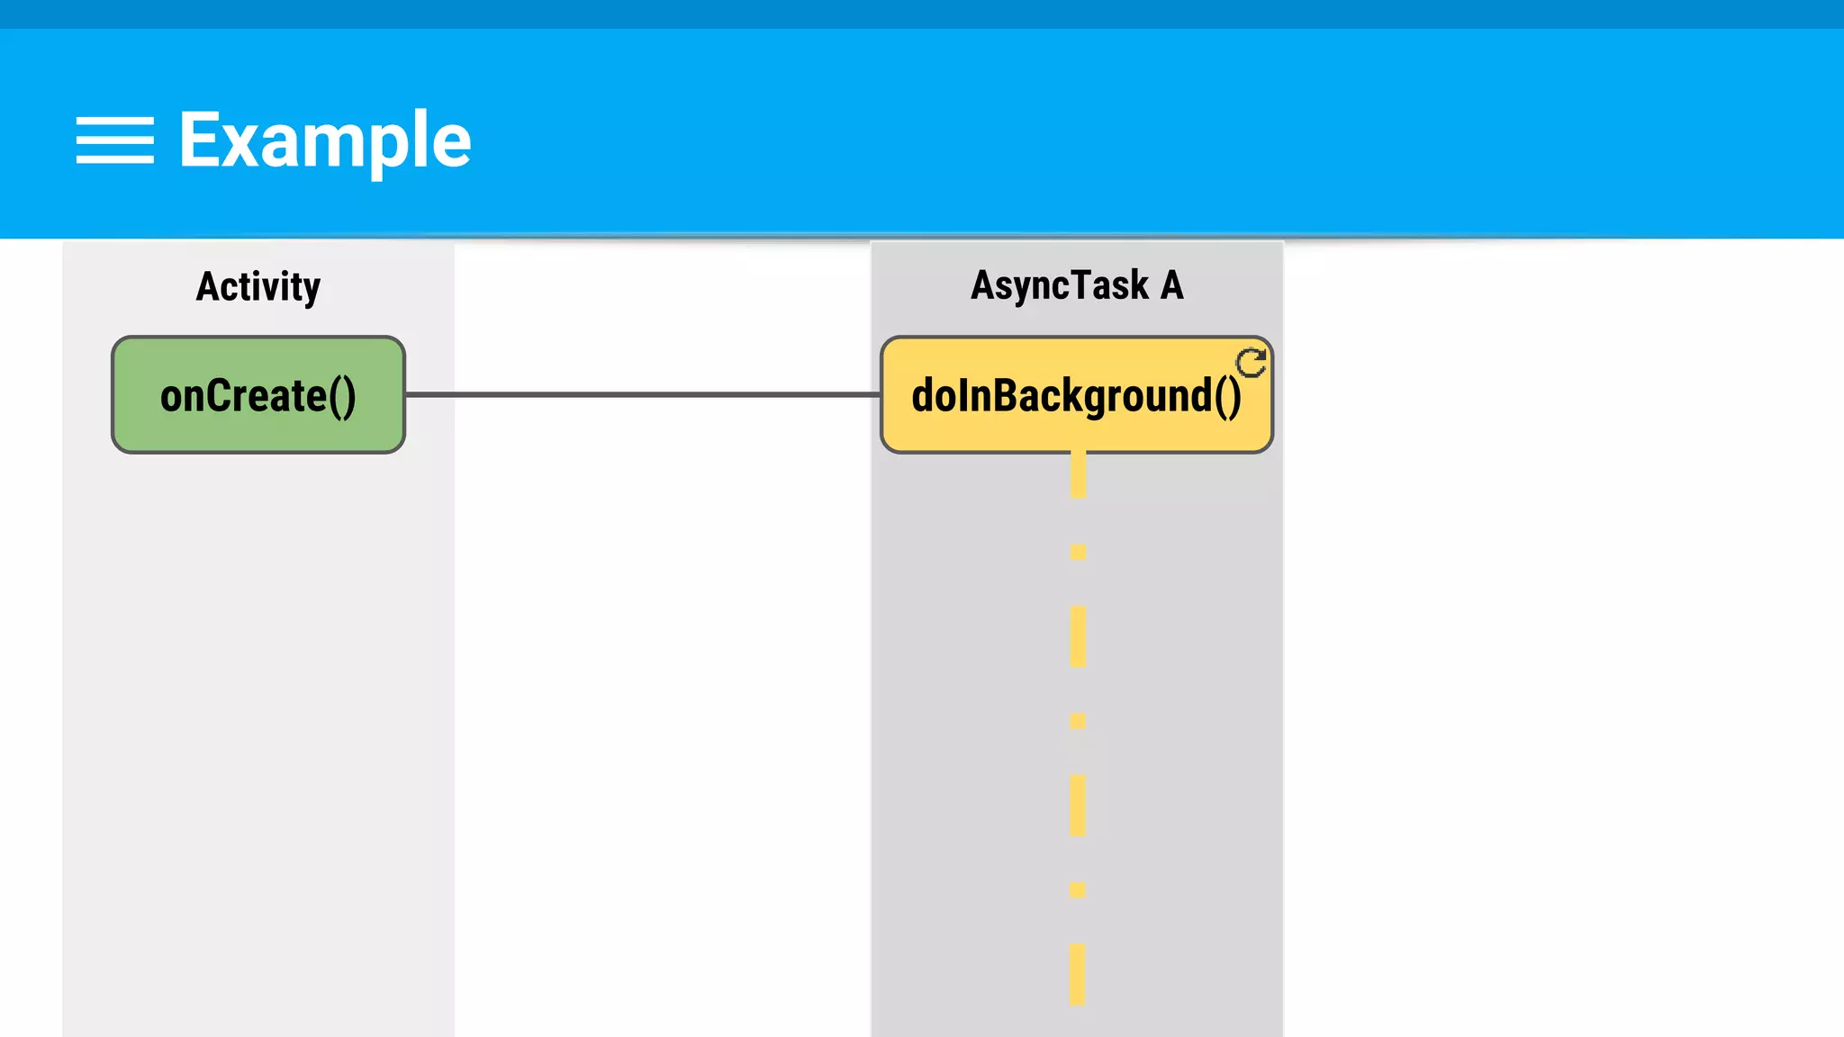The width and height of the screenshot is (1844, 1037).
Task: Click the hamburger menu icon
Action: click(114, 140)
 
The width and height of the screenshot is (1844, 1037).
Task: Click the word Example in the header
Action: click(325, 140)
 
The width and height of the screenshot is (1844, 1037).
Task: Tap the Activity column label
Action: click(258, 287)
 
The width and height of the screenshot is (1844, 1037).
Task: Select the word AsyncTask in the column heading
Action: click(1060, 286)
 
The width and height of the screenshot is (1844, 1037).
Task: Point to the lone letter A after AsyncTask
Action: click(1171, 285)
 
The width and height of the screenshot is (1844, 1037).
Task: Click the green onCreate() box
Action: click(258, 395)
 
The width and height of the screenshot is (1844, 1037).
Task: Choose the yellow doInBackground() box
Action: click(1076, 395)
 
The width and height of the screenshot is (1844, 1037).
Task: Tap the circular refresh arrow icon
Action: click(1251, 363)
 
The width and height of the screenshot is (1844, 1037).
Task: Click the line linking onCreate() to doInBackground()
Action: click(642, 394)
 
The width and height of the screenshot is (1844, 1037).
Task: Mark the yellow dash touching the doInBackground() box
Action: click(1078, 474)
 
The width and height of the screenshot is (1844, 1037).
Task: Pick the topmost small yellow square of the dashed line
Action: click(1078, 552)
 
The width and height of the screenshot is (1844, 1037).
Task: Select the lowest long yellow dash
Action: click(1078, 974)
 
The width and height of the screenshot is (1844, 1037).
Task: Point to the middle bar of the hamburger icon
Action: click(114, 140)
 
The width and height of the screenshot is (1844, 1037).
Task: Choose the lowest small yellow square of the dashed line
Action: click(1078, 890)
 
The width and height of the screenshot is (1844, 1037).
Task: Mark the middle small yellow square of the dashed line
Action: click(1078, 721)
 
